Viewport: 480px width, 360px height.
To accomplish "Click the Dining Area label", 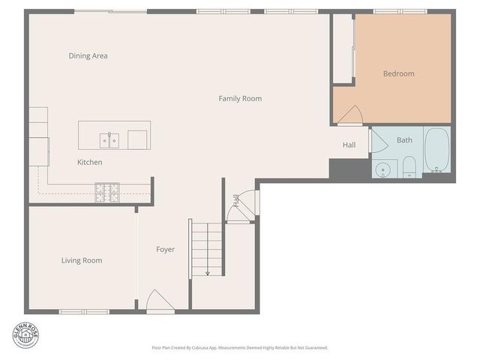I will click(88, 55).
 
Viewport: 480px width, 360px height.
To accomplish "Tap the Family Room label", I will click(240, 98).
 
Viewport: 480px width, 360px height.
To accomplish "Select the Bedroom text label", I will click(398, 73).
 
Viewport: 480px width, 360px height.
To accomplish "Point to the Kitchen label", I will click(89, 162).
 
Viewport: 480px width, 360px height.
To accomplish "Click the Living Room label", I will click(82, 260).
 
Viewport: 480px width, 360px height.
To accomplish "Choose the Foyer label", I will click(165, 249).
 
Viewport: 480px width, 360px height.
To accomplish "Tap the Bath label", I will click(404, 140).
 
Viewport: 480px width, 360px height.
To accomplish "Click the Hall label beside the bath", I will click(349, 145).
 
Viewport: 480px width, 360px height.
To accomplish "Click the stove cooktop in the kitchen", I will click(106, 193).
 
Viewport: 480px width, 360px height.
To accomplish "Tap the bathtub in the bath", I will click(436, 150).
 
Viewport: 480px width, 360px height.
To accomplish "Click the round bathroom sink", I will click(384, 169).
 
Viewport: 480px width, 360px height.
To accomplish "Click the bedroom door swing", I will click(351, 114).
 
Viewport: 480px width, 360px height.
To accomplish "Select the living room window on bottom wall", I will click(84, 311).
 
